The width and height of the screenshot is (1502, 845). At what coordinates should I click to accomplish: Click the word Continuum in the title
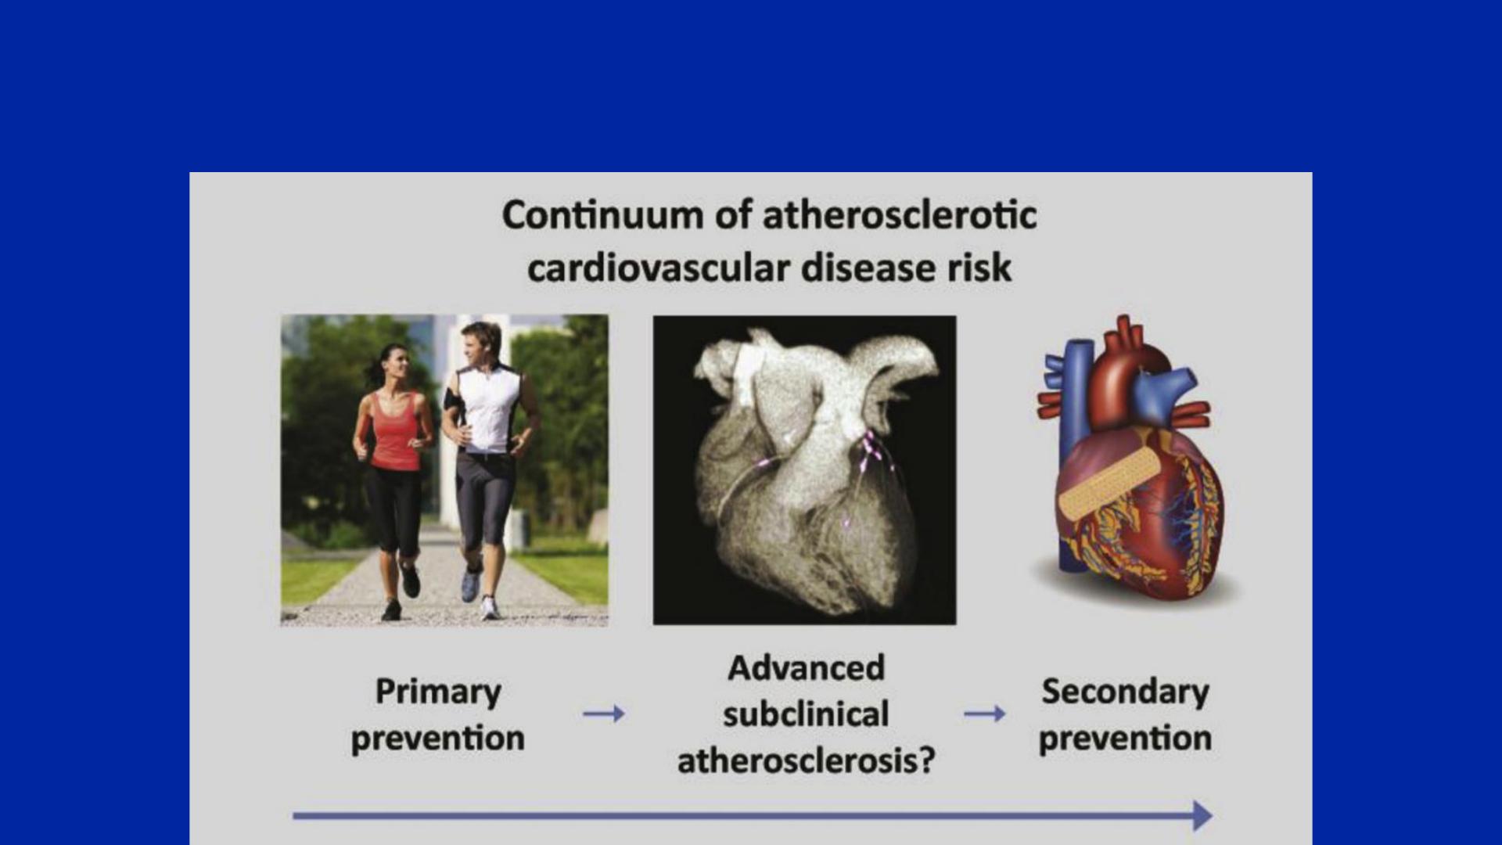pos(602,215)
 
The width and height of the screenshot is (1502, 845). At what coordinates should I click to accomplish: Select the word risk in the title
pos(979,268)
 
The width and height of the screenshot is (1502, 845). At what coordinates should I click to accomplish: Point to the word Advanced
pos(806,668)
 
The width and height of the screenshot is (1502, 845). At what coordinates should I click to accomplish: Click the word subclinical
pos(806,714)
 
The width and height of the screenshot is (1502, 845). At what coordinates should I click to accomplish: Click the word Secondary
pos(1125,692)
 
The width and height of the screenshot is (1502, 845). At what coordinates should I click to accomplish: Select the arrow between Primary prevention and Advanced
pos(604,714)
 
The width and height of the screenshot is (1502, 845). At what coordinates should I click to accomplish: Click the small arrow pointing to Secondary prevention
pos(984,714)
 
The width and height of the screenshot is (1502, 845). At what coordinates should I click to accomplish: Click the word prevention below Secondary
pos(1125,739)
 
